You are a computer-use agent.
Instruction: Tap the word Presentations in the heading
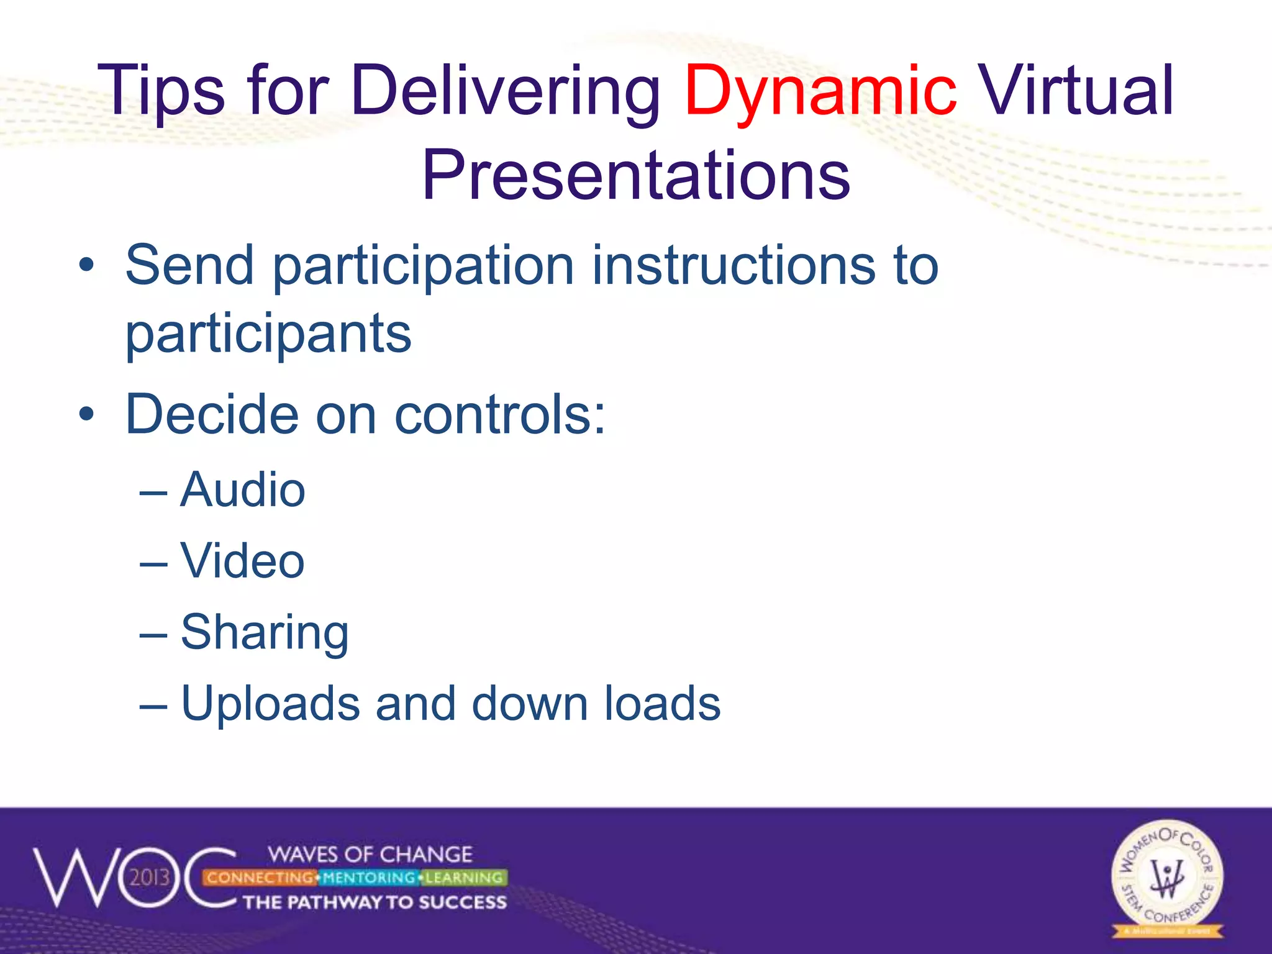[x=636, y=176]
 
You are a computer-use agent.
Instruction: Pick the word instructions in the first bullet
[x=734, y=266]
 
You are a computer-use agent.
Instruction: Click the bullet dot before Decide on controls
[x=86, y=415]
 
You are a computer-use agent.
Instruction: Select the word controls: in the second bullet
[x=500, y=415]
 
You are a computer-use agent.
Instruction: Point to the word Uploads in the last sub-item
[x=270, y=704]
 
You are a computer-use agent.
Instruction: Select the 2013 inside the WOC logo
[x=150, y=878]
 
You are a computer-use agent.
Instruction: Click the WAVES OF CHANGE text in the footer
[x=370, y=855]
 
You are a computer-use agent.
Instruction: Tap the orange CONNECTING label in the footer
[x=260, y=878]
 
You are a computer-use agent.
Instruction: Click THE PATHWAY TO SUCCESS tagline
[x=375, y=902]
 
